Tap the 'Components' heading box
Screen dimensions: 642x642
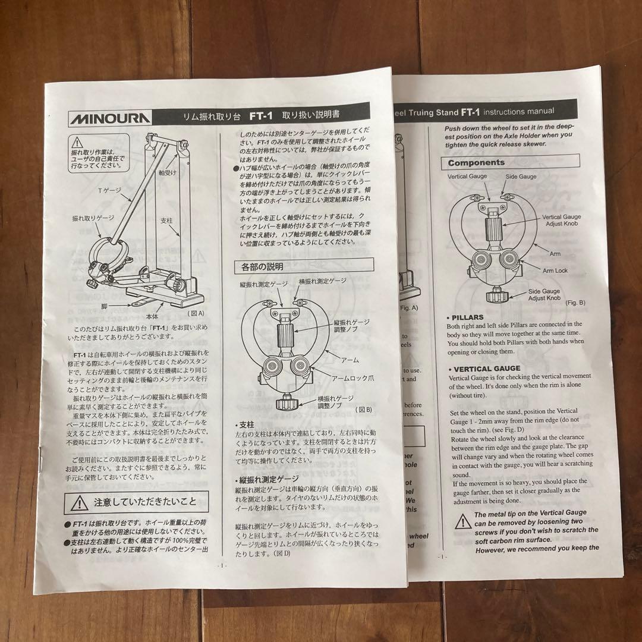476,162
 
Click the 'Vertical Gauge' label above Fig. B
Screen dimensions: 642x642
467,177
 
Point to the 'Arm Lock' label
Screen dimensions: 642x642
555,270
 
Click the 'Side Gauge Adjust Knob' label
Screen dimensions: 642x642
545,294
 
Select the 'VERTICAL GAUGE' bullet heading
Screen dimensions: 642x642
485,368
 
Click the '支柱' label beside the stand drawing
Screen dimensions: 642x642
166,221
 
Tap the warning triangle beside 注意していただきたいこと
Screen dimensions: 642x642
78,503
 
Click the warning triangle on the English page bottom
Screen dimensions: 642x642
462,523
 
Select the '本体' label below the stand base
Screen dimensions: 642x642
152,317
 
